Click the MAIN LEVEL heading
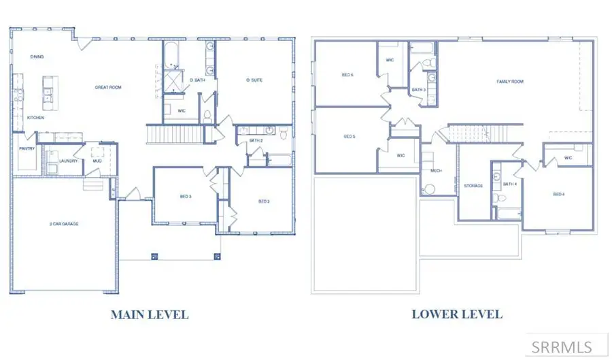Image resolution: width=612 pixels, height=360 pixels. (149, 314)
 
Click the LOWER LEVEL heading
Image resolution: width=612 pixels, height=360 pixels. (457, 314)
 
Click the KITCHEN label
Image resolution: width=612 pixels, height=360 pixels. (36, 118)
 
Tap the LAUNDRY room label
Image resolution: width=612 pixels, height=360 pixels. (68, 161)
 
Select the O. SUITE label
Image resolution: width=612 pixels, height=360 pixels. (254, 80)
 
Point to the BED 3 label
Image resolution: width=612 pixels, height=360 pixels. (186, 197)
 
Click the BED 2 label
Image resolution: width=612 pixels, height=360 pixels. (265, 201)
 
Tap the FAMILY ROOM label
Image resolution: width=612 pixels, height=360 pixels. (510, 82)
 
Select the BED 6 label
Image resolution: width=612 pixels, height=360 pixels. (347, 75)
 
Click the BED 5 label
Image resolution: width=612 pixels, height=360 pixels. (350, 137)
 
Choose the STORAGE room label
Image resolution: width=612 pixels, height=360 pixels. (473, 185)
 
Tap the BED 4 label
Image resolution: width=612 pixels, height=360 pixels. (559, 195)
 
